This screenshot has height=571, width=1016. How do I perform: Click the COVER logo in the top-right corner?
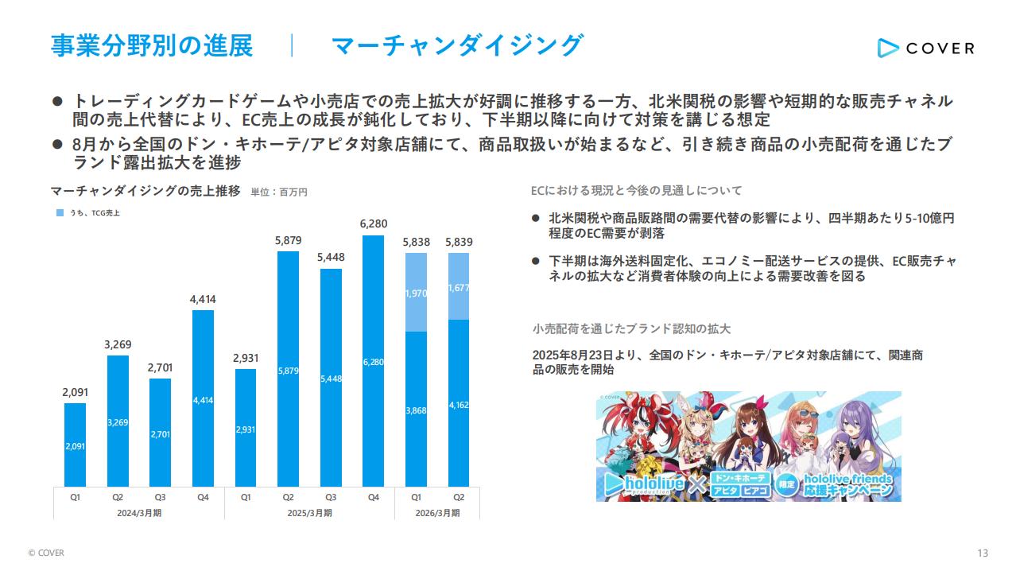925,48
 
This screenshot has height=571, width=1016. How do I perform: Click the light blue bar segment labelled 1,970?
416,293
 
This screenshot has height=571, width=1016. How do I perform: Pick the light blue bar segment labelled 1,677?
459,287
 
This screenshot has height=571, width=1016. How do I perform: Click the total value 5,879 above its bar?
288,240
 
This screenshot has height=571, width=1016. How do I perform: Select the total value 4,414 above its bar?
203,299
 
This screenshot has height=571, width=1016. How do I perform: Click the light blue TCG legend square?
60,213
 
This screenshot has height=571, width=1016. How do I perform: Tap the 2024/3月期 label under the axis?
138,513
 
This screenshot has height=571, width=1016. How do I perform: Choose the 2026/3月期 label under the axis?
437,513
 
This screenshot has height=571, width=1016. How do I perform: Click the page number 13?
983,553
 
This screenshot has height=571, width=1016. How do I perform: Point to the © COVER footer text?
46,553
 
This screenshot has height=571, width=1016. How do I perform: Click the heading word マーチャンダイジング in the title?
457,45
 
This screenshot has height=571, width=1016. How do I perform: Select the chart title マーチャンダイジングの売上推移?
145,191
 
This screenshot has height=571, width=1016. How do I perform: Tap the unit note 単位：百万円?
278,192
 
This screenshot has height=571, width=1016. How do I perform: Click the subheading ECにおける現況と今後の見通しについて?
636,191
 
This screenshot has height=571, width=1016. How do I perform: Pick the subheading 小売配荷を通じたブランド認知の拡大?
631,328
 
